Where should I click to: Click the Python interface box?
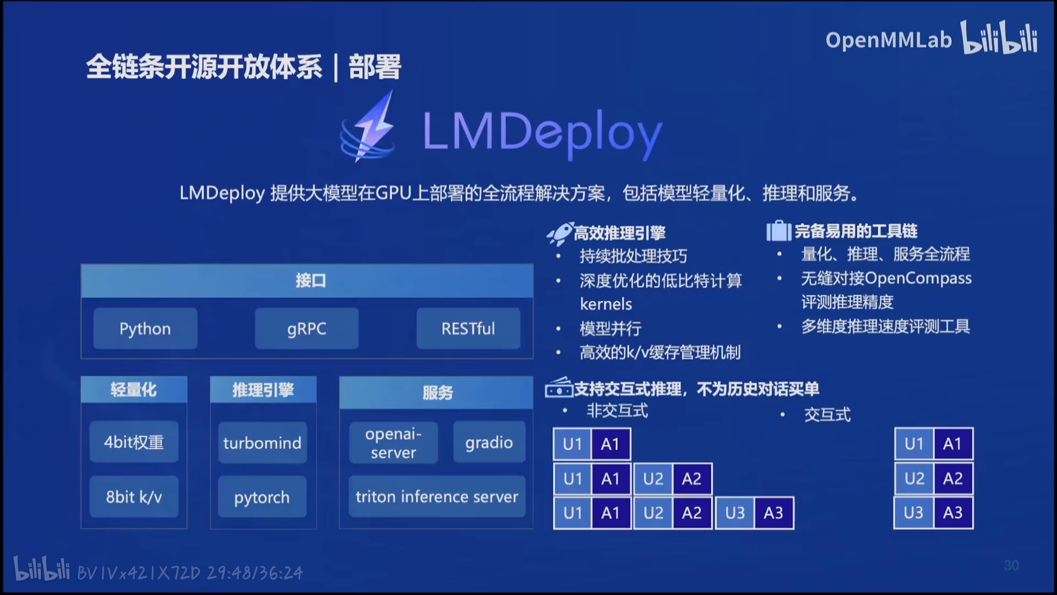[x=145, y=328]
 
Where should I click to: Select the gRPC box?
[x=307, y=328]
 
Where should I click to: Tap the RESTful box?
[x=468, y=328]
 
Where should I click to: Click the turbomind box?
[x=262, y=442]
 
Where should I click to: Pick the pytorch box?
[x=262, y=497]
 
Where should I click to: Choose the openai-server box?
[x=393, y=442]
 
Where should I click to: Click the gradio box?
[x=489, y=442]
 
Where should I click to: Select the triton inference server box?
[x=437, y=496]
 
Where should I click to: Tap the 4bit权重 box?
[x=134, y=442]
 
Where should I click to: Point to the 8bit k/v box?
[x=134, y=497]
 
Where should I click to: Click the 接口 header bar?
[x=307, y=281]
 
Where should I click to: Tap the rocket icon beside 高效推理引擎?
[x=559, y=234]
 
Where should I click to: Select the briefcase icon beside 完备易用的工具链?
[x=778, y=231]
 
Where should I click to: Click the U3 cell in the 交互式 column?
[x=913, y=512]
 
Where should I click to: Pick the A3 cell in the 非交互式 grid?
[x=773, y=513]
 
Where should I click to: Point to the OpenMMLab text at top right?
[x=888, y=40]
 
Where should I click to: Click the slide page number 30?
[x=1011, y=565]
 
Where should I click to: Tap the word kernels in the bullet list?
[x=606, y=304]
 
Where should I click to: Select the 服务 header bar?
[x=437, y=392]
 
